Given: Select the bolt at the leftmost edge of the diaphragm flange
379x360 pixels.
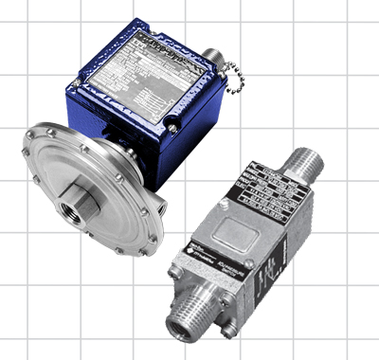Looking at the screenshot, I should tap(27, 153).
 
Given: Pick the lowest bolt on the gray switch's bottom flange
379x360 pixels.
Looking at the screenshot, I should tap(227, 326).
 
